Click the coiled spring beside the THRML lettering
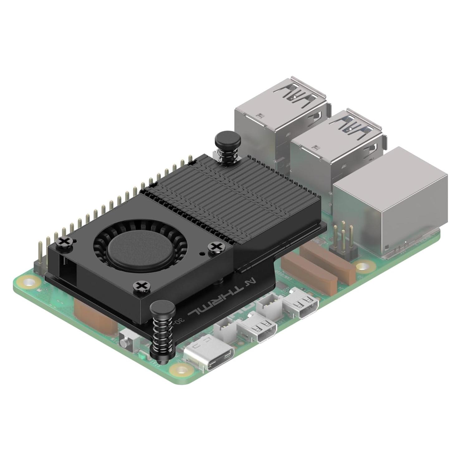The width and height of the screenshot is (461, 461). (x=162, y=334)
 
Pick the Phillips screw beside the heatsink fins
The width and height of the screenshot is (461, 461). (x=215, y=247)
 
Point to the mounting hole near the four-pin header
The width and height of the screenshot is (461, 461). (x=362, y=267)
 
